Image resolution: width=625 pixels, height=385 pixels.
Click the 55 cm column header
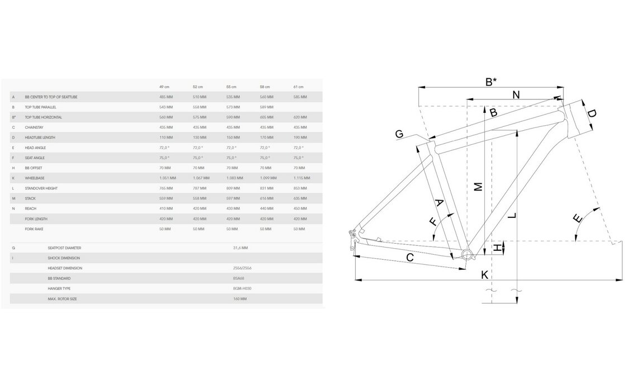pos(231,87)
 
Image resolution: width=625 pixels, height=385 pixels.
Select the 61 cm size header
pos(298,87)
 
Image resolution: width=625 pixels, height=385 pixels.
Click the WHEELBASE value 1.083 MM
pos(233,178)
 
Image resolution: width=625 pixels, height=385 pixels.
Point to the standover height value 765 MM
pos(166,188)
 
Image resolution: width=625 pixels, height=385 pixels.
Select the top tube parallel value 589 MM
pos(266,107)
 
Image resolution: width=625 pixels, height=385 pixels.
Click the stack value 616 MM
pos(266,198)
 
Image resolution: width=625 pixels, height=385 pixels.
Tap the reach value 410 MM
pos(166,208)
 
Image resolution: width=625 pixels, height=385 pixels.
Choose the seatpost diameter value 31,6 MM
pos(240,247)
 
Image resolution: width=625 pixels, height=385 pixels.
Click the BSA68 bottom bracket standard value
pos(238,278)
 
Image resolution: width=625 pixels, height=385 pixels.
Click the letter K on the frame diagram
pos(485,274)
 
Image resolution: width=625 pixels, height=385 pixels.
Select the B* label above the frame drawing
pos(490,82)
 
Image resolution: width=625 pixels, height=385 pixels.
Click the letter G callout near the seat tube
pos(399,134)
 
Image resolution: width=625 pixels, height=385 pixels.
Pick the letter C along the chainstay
pos(409,258)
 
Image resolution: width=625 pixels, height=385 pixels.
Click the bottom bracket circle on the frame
pos(467,255)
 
